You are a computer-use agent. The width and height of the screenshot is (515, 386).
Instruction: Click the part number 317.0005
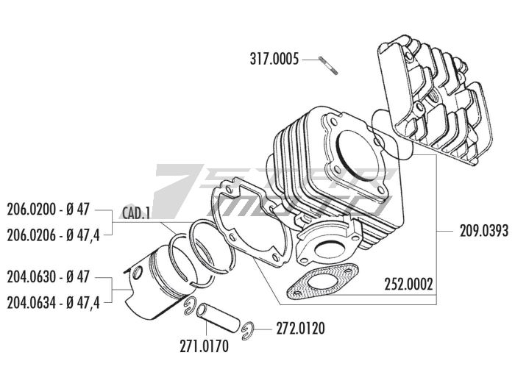(x=274, y=60)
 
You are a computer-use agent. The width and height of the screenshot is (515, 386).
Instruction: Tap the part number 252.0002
(x=408, y=283)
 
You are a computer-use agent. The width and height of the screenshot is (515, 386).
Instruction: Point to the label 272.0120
(x=301, y=326)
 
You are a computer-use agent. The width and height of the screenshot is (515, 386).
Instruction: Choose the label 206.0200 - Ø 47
(x=48, y=209)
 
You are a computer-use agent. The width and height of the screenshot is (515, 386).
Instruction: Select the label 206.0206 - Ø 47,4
(x=53, y=235)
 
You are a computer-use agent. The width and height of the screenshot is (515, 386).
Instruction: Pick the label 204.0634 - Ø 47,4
(x=53, y=301)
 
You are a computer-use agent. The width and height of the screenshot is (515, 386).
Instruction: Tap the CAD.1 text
(x=136, y=213)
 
